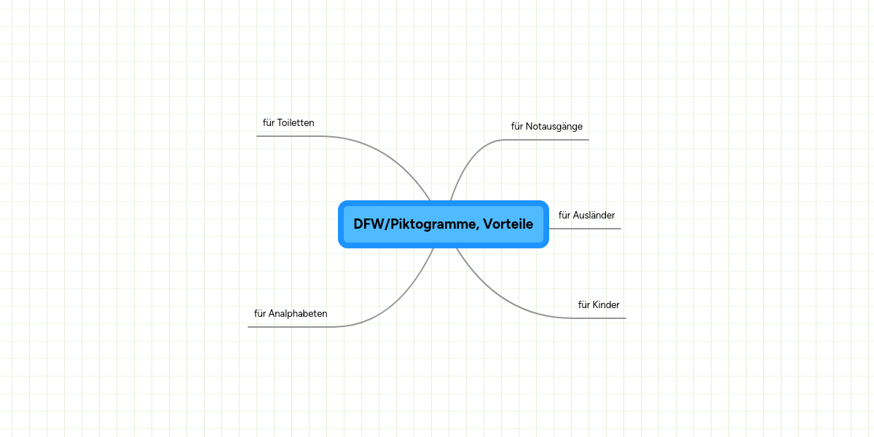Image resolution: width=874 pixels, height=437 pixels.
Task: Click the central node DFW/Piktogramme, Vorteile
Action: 443,224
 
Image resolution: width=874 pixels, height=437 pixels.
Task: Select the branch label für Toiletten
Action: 288,123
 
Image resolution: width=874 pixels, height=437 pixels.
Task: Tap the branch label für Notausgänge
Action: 546,127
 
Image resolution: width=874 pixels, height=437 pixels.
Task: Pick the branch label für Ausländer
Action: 586,216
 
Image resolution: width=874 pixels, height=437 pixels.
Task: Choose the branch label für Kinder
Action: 599,305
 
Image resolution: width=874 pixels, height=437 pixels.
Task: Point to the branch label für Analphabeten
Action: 291,314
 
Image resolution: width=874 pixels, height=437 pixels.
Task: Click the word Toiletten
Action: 296,123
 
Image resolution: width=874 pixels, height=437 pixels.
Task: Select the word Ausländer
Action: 594,216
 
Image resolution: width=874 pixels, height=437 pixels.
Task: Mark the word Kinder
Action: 606,305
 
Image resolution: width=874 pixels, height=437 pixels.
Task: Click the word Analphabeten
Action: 298,314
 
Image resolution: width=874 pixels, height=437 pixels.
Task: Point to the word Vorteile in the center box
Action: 508,224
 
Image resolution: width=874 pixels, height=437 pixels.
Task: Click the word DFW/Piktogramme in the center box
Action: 416,224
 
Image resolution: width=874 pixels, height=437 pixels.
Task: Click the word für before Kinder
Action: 584,305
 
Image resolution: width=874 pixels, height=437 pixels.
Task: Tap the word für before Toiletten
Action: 269,123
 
